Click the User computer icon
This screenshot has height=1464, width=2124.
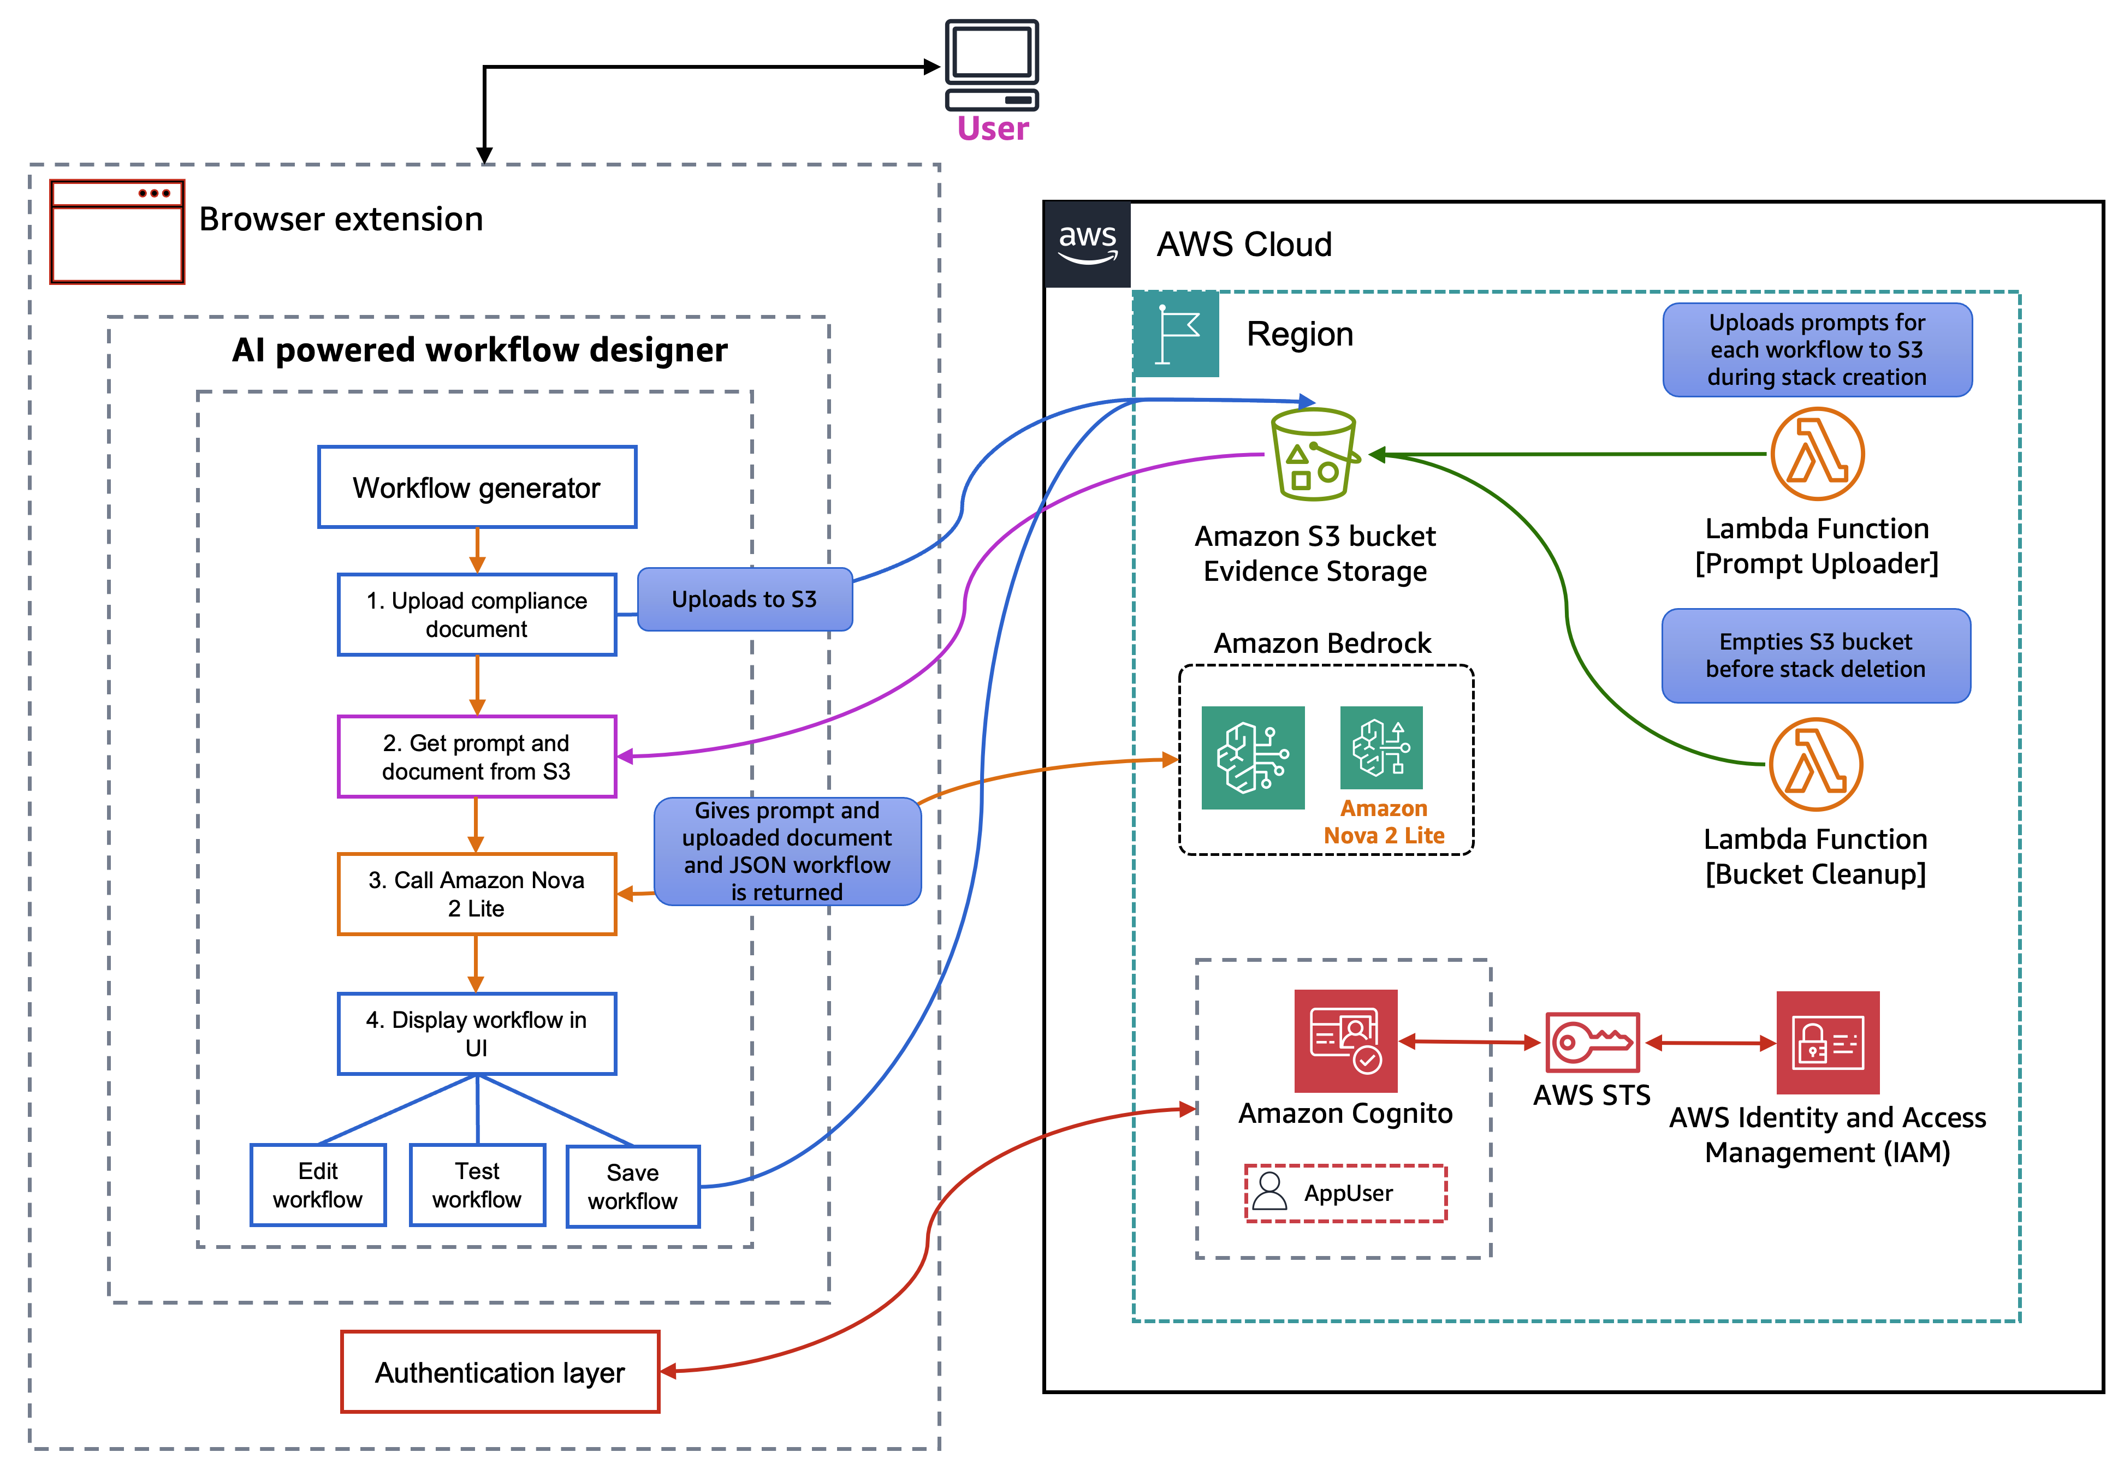pyautogui.click(x=991, y=64)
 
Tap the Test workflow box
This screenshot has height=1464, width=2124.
pyautogui.click(x=477, y=1185)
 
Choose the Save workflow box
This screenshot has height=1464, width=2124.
pyautogui.click(x=633, y=1187)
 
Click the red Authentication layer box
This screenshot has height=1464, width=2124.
pyautogui.click(x=500, y=1372)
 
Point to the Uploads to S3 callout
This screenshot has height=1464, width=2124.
pyautogui.click(x=744, y=599)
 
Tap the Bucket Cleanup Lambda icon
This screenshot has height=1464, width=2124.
pyautogui.click(x=1815, y=764)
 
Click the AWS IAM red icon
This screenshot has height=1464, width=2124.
pyautogui.click(x=1827, y=1043)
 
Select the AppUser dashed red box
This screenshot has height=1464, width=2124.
pyautogui.click(x=1345, y=1193)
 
